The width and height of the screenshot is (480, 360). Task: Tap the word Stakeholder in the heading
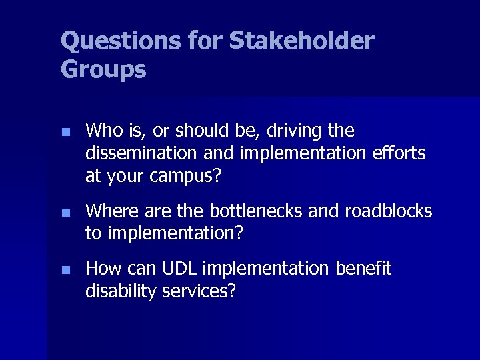(301, 41)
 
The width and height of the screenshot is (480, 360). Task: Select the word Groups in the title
(103, 69)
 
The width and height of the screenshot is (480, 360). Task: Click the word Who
(103, 131)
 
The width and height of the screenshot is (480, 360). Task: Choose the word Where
(111, 211)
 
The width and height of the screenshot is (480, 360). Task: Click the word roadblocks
(388, 211)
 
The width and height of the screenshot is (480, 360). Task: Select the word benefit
(363, 269)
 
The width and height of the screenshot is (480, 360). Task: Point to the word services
(199, 291)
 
